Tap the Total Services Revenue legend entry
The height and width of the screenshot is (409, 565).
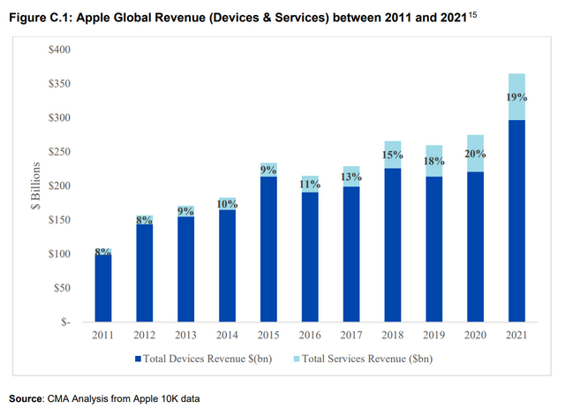coord(368,359)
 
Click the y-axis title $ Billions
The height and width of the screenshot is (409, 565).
coord(34,186)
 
